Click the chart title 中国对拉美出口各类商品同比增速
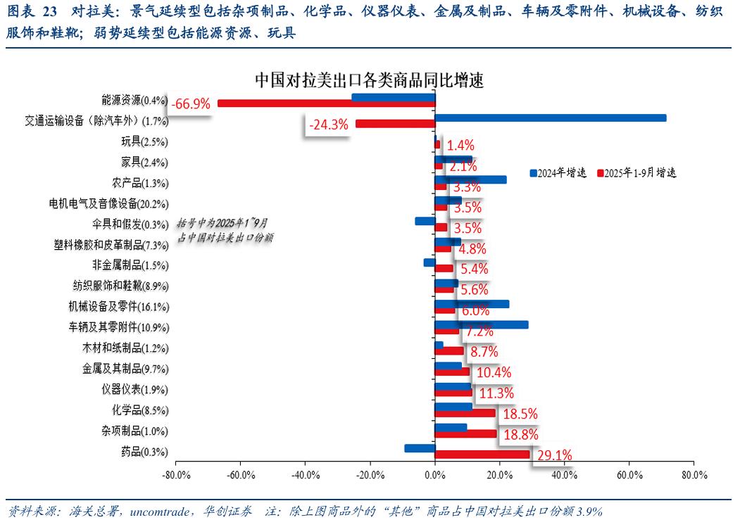[369, 80]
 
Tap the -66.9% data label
[192, 104]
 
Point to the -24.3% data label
[329, 125]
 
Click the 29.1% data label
[554, 455]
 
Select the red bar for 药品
[482, 455]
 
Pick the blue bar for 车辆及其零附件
[482, 324]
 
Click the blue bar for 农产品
[470, 179]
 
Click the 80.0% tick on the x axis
[694, 475]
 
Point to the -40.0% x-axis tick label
[305, 475]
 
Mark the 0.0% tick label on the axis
[434, 475]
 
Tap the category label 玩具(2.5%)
[144, 142]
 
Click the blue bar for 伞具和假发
[425, 221]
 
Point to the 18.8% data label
[518, 435]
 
